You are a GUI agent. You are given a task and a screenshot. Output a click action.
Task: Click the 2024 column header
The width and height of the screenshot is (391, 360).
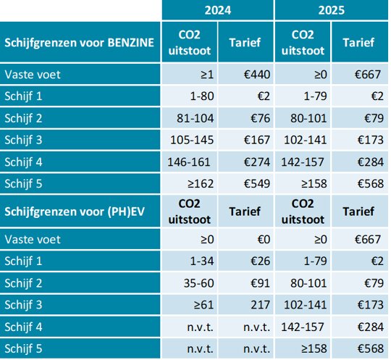point(218,10)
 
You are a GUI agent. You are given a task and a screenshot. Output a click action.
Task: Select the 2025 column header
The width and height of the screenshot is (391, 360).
point(332,10)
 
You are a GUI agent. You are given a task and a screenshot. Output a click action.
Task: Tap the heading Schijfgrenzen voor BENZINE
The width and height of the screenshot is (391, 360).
point(80,43)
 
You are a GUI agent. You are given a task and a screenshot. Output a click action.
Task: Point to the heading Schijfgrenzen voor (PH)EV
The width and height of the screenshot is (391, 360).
point(75,212)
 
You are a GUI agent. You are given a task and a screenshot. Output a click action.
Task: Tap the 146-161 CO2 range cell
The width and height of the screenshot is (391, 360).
point(189,162)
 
